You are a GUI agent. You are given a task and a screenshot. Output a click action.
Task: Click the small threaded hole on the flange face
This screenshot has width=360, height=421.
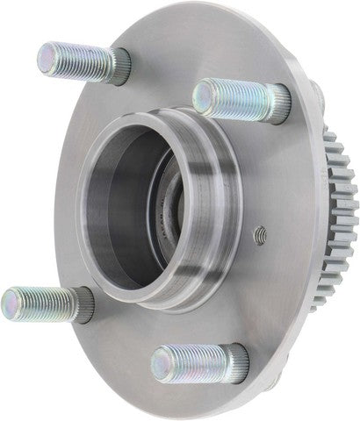point(259,234)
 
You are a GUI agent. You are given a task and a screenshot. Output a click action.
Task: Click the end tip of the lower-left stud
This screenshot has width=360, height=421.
point(11,298)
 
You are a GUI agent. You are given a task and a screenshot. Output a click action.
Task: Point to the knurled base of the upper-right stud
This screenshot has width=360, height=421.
point(279,102)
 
